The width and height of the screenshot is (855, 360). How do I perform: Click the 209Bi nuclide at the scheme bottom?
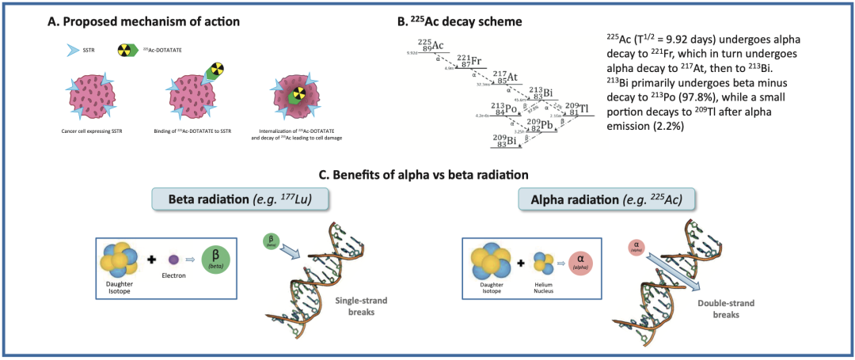pyautogui.click(x=505, y=140)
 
